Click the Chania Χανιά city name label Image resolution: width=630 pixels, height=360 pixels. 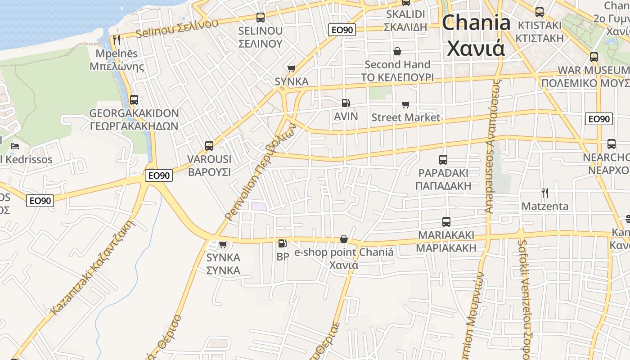pyautogui.click(x=476, y=35)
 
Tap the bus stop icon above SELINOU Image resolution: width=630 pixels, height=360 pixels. pyautogui.click(x=260, y=18)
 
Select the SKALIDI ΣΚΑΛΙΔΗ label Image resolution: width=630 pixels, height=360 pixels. pyautogui.click(x=405, y=20)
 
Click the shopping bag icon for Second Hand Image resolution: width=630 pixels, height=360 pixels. pyautogui.click(x=397, y=51)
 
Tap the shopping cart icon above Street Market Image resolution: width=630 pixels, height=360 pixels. pyautogui.click(x=406, y=105)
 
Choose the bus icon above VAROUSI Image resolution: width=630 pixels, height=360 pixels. pyautogui.click(x=209, y=146)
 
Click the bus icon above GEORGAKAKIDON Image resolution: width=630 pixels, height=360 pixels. pyautogui.click(x=134, y=100)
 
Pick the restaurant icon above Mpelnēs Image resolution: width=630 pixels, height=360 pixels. pyautogui.click(x=117, y=40)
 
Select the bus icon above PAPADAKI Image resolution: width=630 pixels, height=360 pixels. pyautogui.click(x=443, y=160)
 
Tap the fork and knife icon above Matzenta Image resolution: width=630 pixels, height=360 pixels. pyautogui.click(x=545, y=193)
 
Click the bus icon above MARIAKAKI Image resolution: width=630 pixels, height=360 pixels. pyautogui.click(x=446, y=222)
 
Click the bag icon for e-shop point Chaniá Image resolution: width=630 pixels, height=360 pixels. pyautogui.click(x=344, y=239)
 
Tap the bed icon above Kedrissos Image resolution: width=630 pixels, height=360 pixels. pyautogui.click(x=15, y=146)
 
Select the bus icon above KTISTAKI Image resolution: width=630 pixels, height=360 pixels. pyautogui.click(x=540, y=12)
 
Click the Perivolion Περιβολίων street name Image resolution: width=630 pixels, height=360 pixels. pyautogui.click(x=261, y=171)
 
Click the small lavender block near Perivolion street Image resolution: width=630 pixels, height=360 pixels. pyautogui.click(x=258, y=207)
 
